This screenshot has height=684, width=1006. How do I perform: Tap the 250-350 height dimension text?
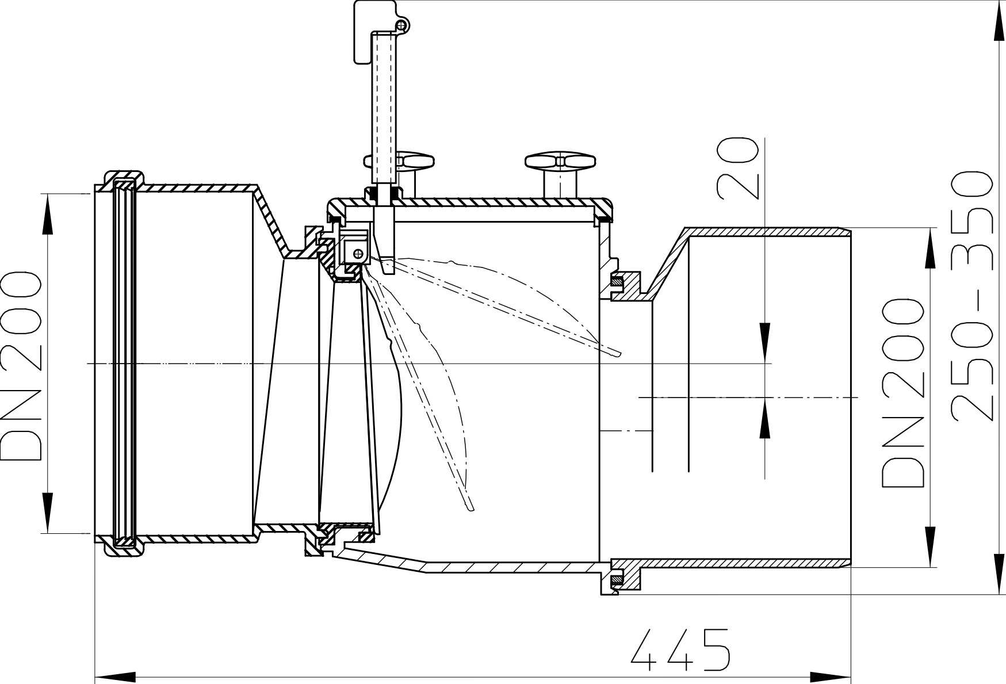(x=971, y=296)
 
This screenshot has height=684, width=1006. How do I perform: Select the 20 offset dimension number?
(x=737, y=168)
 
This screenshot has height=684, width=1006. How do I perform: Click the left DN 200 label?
(x=21, y=366)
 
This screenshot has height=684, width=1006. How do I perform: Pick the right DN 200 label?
(x=902, y=393)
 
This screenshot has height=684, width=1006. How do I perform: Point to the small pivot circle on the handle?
(x=401, y=25)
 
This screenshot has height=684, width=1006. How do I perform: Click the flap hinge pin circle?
(x=358, y=253)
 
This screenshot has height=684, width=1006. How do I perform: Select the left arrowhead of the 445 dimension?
(x=116, y=677)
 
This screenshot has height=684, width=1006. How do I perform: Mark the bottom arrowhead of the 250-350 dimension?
(x=999, y=573)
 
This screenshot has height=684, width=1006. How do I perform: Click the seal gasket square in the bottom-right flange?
(x=617, y=575)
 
